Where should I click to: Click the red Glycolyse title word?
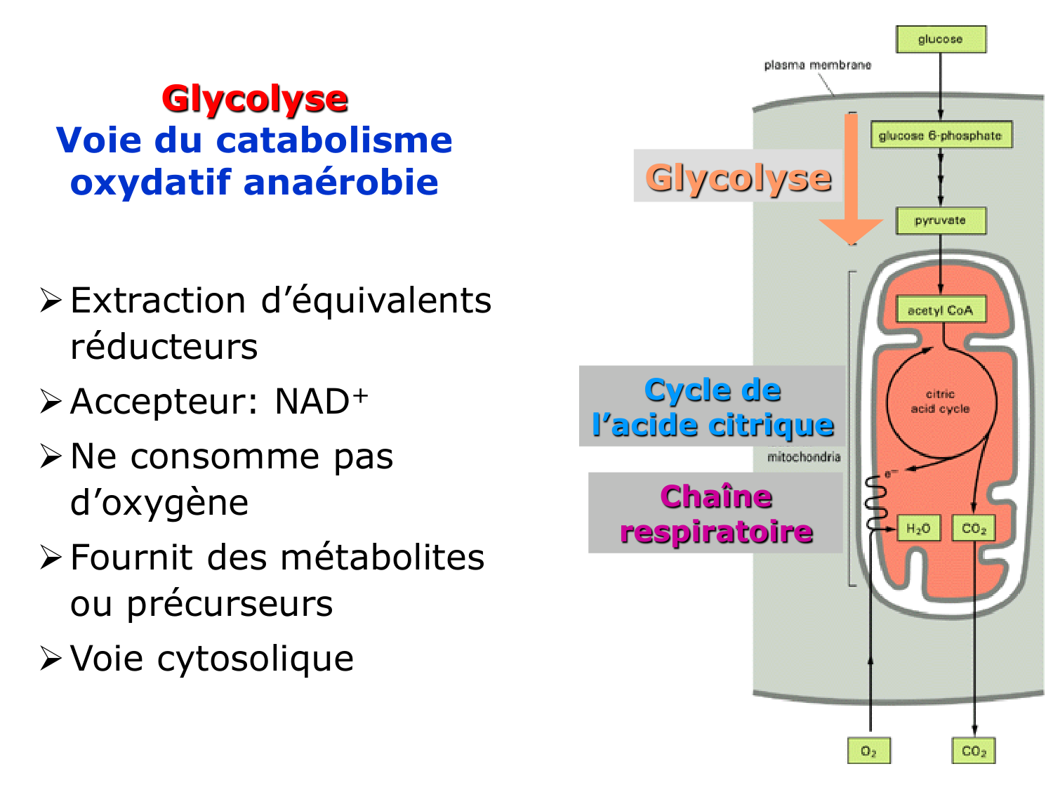(x=255, y=99)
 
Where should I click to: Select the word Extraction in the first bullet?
(x=158, y=301)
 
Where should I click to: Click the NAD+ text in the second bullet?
(x=320, y=402)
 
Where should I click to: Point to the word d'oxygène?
(x=159, y=503)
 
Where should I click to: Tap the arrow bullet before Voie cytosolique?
(x=51, y=659)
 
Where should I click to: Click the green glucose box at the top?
(x=941, y=39)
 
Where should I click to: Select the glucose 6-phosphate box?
(x=941, y=136)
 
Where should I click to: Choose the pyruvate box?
(x=941, y=220)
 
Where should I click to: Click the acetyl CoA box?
(x=941, y=310)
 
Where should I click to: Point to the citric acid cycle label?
(x=940, y=402)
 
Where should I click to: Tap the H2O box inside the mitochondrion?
(x=918, y=528)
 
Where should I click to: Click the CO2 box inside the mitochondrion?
(x=974, y=528)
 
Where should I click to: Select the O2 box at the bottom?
(x=869, y=751)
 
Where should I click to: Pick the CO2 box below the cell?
(x=974, y=751)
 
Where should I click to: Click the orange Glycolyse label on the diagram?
(x=739, y=177)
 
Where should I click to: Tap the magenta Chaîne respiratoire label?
(x=716, y=514)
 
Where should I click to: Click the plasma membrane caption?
(x=817, y=65)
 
